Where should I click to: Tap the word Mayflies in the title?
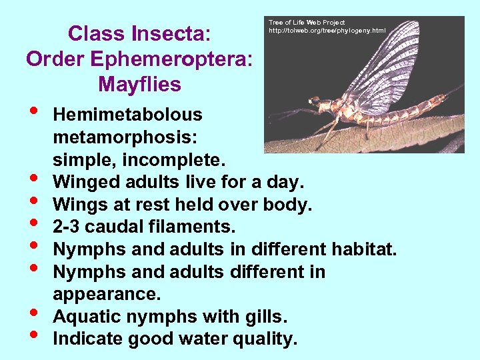(139, 85)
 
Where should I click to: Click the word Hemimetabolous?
(127, 115)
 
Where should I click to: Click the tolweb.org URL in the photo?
(327, 31)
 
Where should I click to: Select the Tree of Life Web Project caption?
(307, 23)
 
